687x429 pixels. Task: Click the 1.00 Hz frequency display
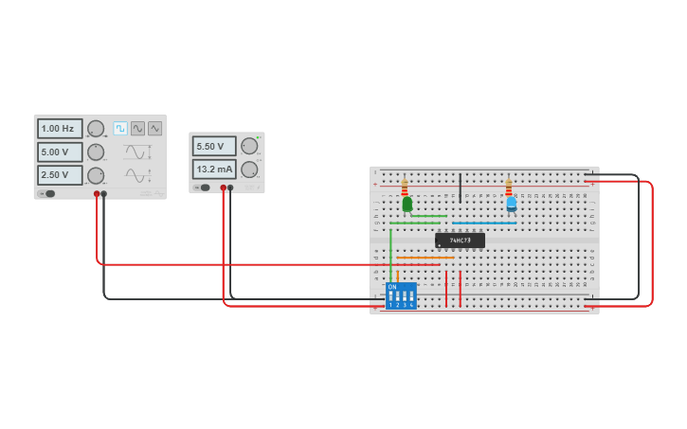(60, 129)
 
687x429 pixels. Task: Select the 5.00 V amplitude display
(60, 152)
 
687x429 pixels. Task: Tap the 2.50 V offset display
(60, 175)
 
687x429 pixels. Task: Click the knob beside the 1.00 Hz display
(96, 129)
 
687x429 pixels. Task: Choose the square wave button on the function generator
(120, 129)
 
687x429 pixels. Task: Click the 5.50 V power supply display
(214, 146)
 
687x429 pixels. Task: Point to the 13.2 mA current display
(214, 170)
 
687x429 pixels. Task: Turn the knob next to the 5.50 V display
(249, 146)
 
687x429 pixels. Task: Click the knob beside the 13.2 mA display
(249, 170)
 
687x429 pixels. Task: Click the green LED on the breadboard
(407, 204)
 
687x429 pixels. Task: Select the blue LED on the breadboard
(512, 203)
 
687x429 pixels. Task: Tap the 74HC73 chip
(460, 241)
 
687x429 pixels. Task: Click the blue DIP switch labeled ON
(401, 295)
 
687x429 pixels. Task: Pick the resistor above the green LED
(405, 187)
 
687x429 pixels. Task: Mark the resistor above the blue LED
(509, 187)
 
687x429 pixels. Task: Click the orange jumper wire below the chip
(425, 258)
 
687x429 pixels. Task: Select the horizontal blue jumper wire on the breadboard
(483, 223)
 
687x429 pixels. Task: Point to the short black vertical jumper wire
(461, 188)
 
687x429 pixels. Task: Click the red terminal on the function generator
(97, 194)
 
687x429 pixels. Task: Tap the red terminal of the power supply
(224, 188)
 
